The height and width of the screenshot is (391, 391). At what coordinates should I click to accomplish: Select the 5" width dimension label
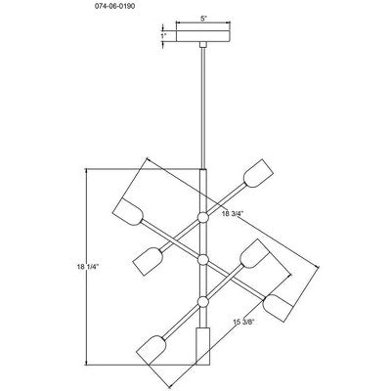point(203,19)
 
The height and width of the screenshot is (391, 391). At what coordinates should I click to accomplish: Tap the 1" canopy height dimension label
point(163,36)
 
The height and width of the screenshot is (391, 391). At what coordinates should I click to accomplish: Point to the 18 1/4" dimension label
point(87,267)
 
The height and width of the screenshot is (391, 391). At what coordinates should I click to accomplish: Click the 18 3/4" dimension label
point(233,214)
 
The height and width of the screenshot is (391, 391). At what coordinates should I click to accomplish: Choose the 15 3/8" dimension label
point(243,322)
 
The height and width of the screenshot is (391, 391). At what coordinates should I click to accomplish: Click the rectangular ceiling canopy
point(203,36)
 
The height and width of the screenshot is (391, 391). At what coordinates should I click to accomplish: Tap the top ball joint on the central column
point(203,217)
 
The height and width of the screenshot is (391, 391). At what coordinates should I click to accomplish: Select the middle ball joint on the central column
point(203,260)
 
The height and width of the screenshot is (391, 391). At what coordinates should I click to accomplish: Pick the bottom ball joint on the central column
point(203,302)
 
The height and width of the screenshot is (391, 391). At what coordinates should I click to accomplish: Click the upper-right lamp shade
point(258,173)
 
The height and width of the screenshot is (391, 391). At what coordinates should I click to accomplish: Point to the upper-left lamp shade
point(128,212)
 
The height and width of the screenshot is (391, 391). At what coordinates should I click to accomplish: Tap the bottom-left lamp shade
point(152,350)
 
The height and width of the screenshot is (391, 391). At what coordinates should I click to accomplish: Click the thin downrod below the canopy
point(203,109)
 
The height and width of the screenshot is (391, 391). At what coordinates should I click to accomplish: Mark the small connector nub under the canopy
point(203,45)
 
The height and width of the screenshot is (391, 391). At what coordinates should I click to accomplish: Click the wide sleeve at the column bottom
point(202,346)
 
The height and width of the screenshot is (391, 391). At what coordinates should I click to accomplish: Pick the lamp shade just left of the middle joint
point(149,261)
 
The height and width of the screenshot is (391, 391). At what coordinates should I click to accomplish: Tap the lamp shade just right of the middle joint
point(255,254)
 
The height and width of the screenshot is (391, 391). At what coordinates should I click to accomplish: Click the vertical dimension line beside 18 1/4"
point(86,267)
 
